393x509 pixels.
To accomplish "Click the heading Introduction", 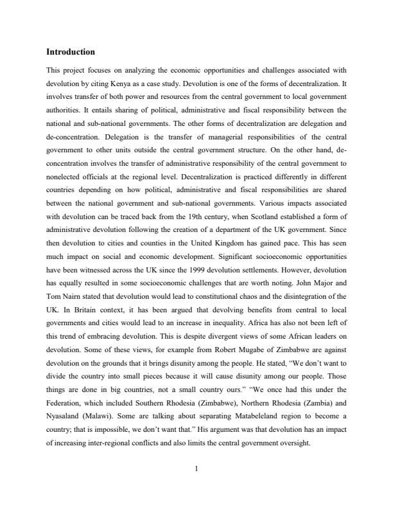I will [x=71, y=51].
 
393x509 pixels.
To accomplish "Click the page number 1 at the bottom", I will [x=197, y=450].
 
